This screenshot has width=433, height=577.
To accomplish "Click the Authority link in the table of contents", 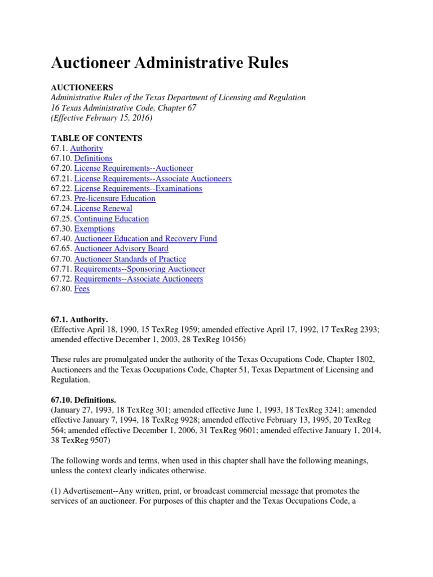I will [x=86, y=148].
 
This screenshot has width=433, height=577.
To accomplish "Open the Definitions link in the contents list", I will [x=93, y=158].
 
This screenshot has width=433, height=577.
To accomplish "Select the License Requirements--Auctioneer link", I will [x=134, y=168].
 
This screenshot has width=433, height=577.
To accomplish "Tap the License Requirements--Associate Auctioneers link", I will [x=153, y=179].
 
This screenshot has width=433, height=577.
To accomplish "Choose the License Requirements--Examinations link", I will [x=138, y=189].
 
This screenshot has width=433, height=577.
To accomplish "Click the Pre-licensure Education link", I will [x=114, y=198].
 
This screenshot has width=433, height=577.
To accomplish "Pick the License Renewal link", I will [x=103, y=208].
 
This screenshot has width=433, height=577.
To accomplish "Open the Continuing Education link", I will [x=112, y=219].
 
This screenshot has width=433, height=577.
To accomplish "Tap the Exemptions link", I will [x=94, y=229].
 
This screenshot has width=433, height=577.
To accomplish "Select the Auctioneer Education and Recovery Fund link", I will [x=145, y=239].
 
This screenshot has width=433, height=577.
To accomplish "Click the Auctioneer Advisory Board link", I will [x=121, y=248].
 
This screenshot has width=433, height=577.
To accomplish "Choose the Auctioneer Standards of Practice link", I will [x=130, y=259].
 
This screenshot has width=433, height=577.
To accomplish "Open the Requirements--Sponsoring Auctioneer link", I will [x=140, y=269].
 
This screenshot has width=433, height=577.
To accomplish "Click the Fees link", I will [x=82, y=289].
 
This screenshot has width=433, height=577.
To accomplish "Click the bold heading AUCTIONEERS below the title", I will [x=82, y=87].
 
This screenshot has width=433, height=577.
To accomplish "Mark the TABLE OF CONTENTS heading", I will [x=96, y=138].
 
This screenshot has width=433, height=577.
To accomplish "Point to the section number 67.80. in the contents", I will [x=61, y=289].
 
